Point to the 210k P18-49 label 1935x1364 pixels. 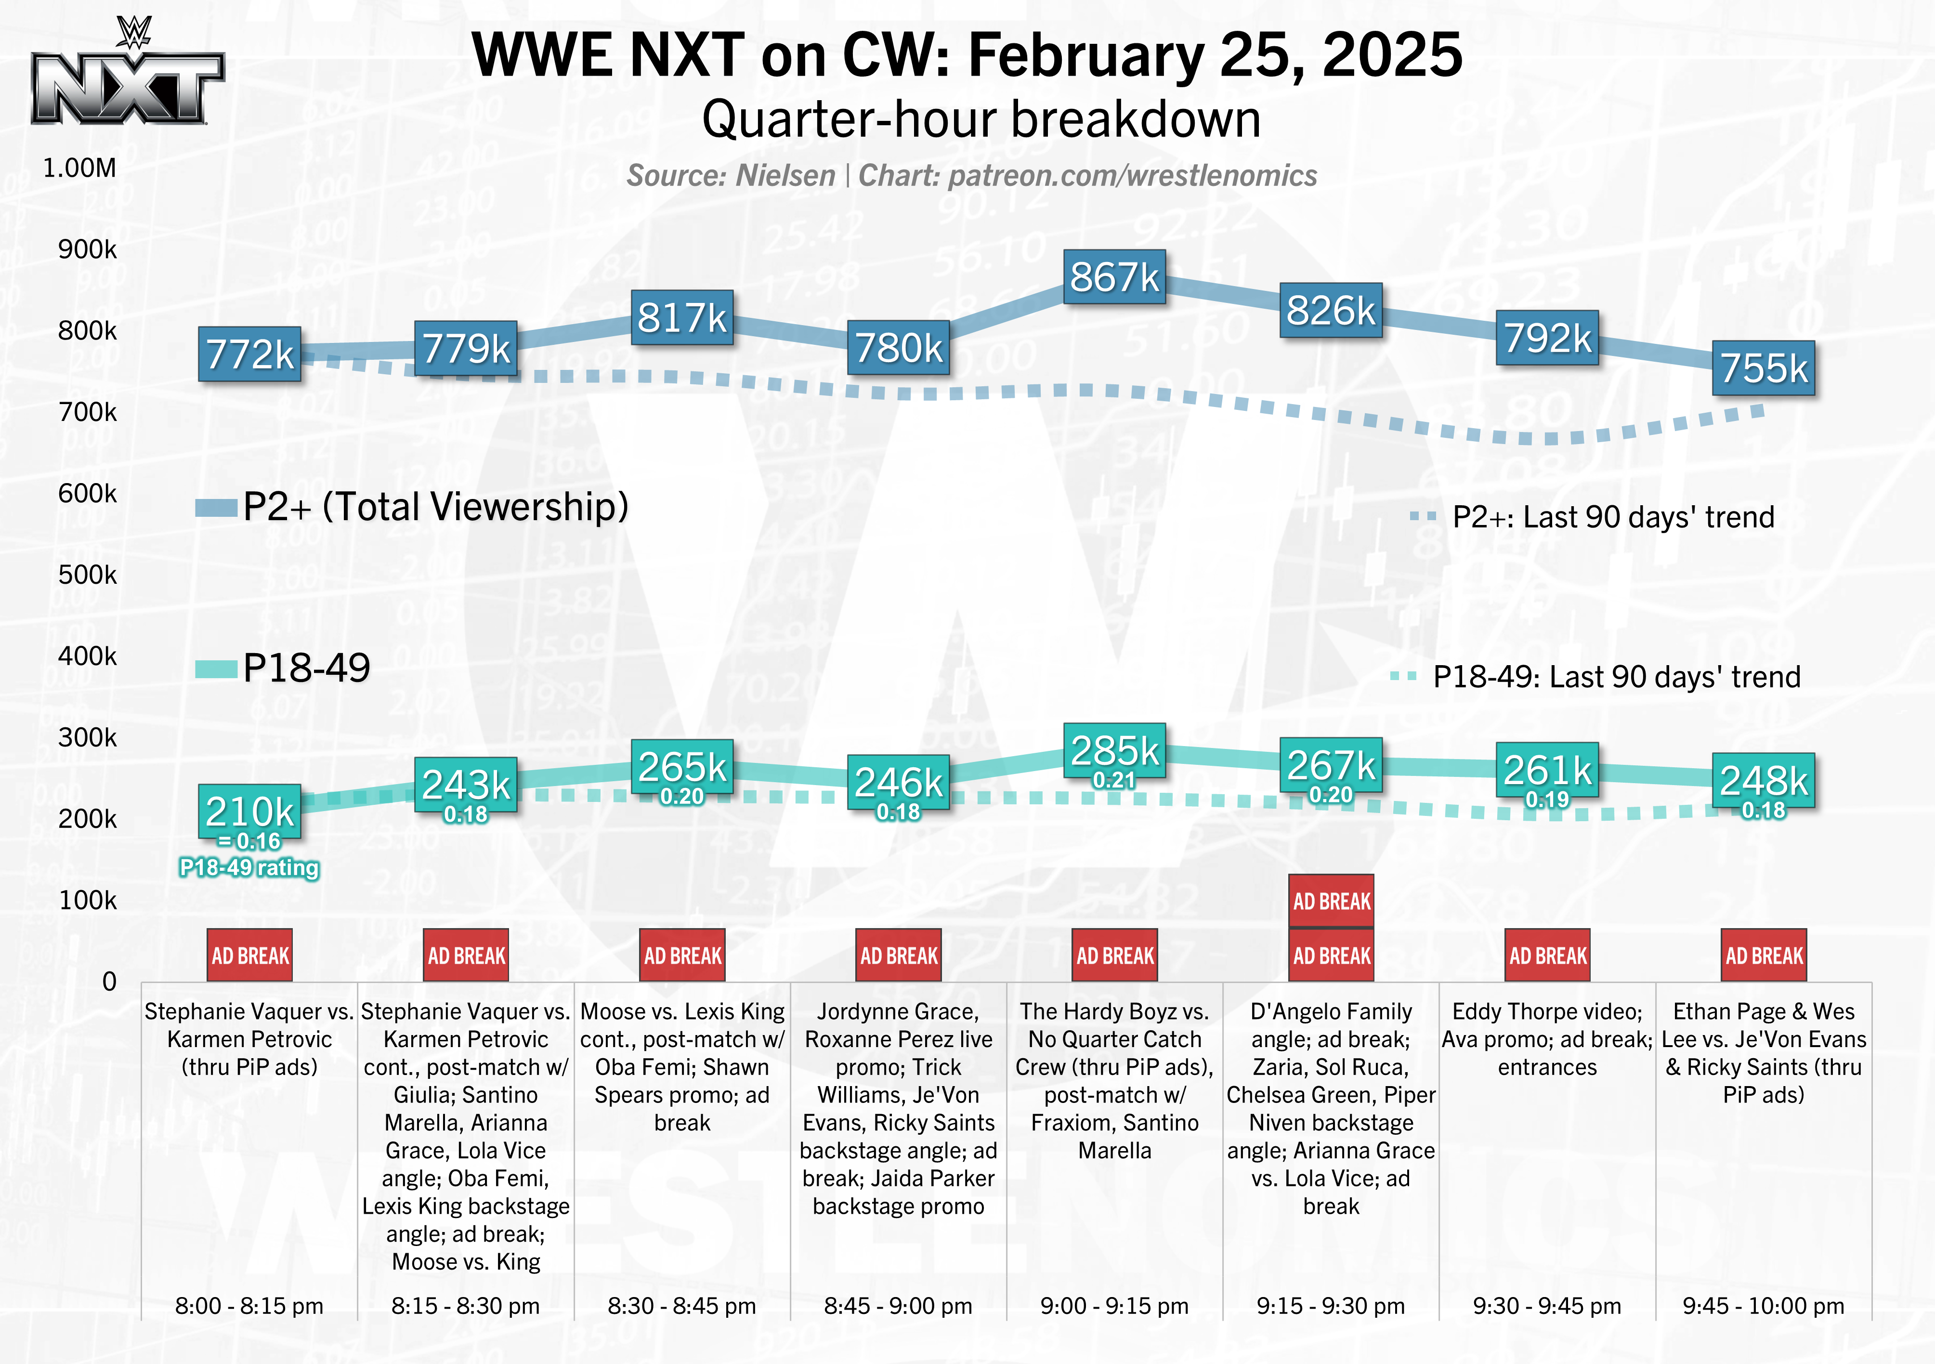249,811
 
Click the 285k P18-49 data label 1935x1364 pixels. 1114,749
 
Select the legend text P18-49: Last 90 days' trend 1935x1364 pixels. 1616,677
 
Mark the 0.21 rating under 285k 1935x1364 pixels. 1114,781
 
